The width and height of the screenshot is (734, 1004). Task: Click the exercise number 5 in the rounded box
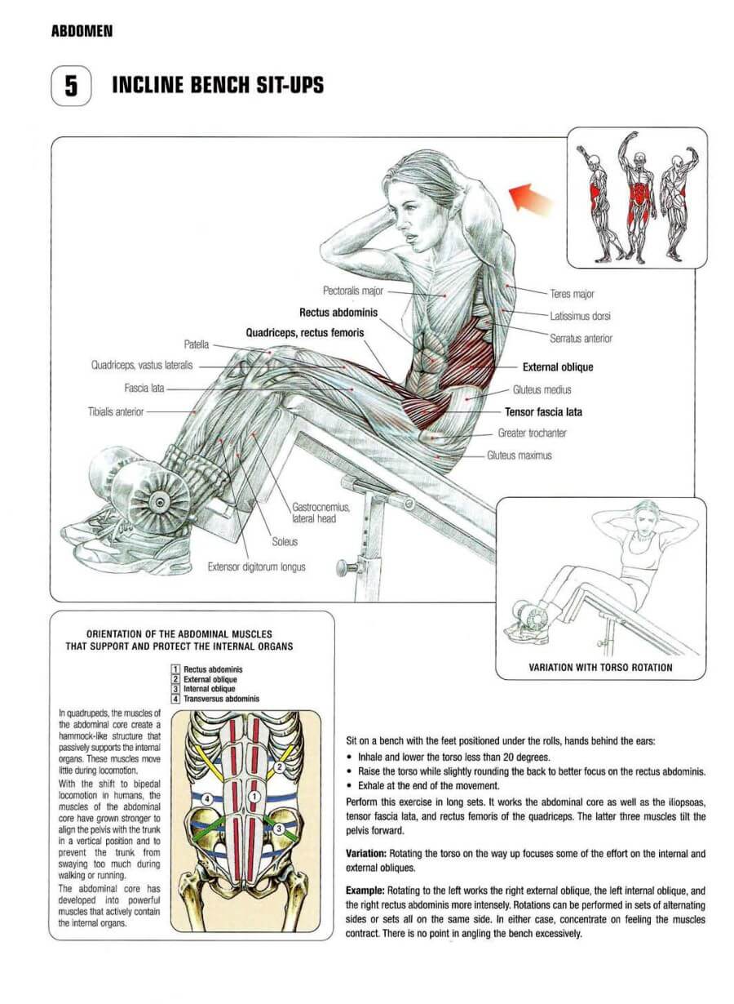click(x=71, y=86)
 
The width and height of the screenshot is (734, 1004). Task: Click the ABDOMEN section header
click(x=82, y=31)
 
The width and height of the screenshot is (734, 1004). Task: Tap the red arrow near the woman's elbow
click(x=530, y=198)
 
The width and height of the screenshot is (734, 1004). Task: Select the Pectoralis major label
click(x=353, y=291)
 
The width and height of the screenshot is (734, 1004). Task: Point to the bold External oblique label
click(x=558, y=367)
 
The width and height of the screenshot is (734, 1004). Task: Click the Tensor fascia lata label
click(x=543, y=412)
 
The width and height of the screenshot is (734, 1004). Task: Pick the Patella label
click(x=197, y=344)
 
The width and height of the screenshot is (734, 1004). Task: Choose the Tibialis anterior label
click(x=116, y=411)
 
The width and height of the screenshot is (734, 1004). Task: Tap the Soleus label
click(x=285, y=541)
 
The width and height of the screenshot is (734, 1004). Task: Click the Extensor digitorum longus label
click(x=256, y=567)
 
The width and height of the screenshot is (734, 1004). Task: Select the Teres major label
click(x=572, y=294)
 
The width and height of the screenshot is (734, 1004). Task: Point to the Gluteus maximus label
click(x=519, y=455)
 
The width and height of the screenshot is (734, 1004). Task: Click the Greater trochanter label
click(x=532, y=433)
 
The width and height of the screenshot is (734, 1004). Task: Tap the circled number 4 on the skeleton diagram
click(x=207, y=799)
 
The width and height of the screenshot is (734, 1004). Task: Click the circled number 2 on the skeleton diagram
click(x=280, y=767)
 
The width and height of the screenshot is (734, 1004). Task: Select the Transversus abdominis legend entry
click(x=221, y=699)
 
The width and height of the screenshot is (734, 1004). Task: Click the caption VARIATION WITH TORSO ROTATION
click(x=600, y=668)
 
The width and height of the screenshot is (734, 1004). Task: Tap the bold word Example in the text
click(x=365, y=891)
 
